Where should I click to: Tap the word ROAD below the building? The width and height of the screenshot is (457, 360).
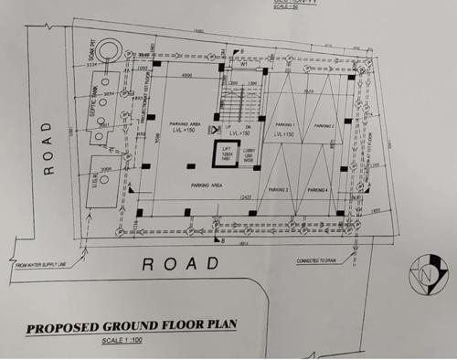(x=182, y=263)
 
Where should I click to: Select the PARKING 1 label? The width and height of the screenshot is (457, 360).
(x=287, y=124)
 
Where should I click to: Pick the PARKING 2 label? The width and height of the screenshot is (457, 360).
(x=324, y=124)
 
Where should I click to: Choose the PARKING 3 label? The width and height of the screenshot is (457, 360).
(x=280, y=190)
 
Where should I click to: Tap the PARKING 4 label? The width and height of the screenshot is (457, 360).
(x=319, y=190)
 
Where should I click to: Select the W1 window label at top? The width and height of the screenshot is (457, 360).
(x=244, y=64)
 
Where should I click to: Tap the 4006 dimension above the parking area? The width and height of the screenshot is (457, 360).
(x=186, y=75)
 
